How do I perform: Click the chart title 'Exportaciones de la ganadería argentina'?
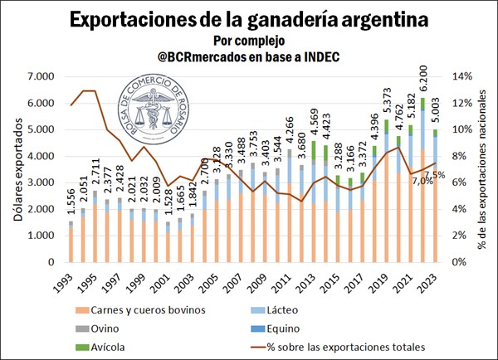(x=249, y=18)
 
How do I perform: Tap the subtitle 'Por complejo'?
(x=248, y=39)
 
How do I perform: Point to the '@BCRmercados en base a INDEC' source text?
(x=248, y=56)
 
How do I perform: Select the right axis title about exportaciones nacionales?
(x=485, y=169)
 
